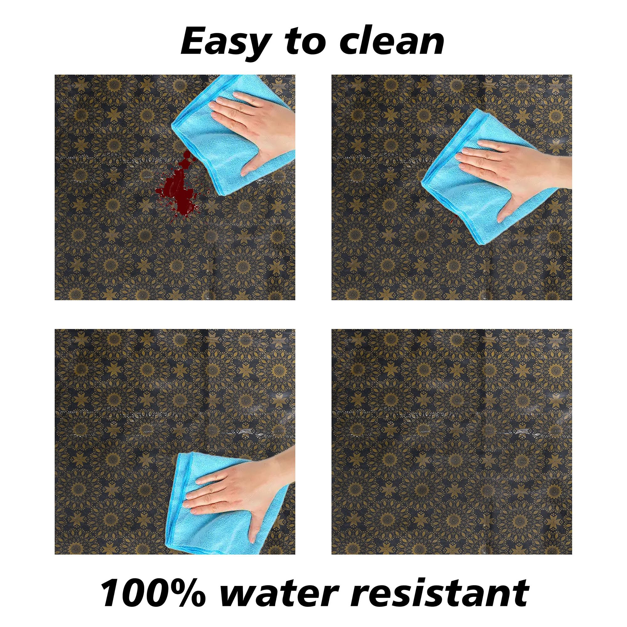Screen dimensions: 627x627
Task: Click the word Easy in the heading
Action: [224, 43]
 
